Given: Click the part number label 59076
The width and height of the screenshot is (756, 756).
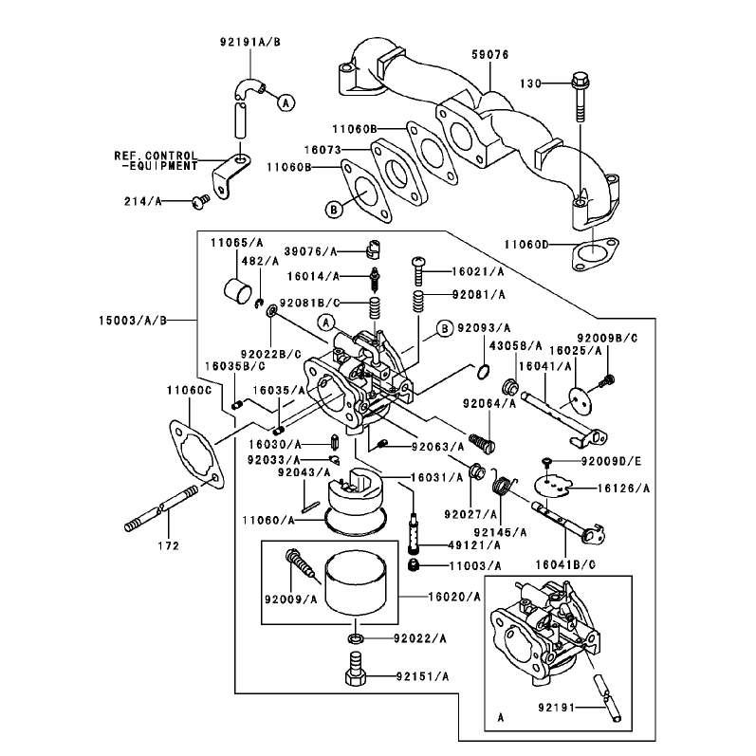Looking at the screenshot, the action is pyautogui.click(x=489, y=55).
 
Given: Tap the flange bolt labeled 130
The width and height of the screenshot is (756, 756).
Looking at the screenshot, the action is pyautogui.click(x=580, y=98).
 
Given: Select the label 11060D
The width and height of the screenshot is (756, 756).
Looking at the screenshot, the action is pyautogui.click(x=526, y=245).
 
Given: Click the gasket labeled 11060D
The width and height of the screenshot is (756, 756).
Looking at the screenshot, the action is pyautogui.click(x=595, y=254).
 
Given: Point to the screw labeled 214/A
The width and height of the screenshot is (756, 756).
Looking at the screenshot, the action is pyautogui.click(x=200, y=201).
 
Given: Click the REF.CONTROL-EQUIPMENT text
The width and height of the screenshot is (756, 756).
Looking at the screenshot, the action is pyautogui.click(x=157, y=161).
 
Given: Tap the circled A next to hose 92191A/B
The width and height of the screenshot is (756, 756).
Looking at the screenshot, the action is pyautogui.click(x=286, y=102).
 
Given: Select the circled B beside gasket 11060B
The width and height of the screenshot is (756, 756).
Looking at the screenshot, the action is pyautogui.click(x=333, y=210).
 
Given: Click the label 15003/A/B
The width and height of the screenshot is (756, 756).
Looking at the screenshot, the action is pyautogui.click(x=133, y=321).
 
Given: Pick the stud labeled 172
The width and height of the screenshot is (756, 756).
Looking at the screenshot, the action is pyautogui.click(x=161, y=509).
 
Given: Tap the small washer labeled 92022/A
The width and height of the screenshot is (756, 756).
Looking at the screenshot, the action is pyautogui.click(x=356, y=638).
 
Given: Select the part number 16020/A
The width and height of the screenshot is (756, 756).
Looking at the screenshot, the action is pyautogui.click(x=454, y=598).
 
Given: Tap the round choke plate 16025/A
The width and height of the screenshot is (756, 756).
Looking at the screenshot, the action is pyautogui.click(x=580, y=399).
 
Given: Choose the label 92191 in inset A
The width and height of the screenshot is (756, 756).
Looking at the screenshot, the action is pyautogui.click(x=557, y=708).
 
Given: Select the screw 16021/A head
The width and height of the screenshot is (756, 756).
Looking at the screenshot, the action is pyautogui.click(x=418, y=262).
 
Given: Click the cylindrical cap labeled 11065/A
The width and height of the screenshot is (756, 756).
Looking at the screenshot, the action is pyautogui.click(x=238, y=290).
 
